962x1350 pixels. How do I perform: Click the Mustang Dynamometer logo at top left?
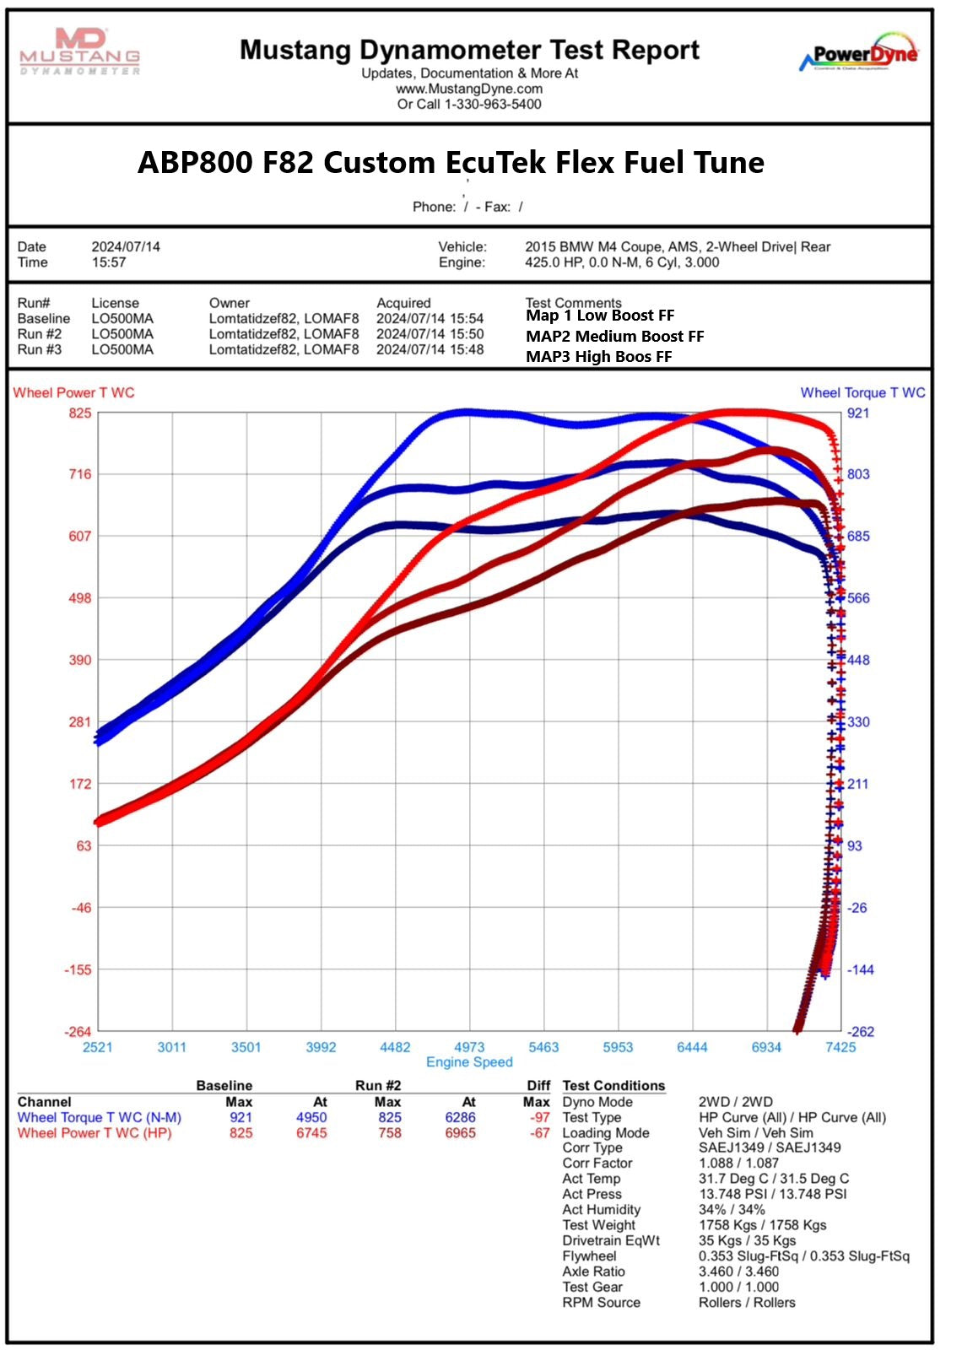click(x=80, y=51)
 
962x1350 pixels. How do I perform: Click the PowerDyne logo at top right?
click(x=858, y=54)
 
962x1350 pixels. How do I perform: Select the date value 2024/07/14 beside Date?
click(x=126, y=247)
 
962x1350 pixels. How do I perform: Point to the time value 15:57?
click(x=109, y=262)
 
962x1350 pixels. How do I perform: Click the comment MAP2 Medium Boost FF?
click(x=614, y=336)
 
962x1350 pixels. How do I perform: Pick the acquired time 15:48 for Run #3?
click(x=467, y=349)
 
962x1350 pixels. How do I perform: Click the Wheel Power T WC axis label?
click(x=74, y=392)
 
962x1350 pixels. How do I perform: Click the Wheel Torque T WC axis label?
click(x=862, y=392)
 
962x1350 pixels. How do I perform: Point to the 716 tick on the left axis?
click(x=80, y=474)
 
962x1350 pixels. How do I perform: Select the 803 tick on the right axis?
click(x=858, y=474)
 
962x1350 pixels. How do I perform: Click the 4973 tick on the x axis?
click(x=469, y=1047)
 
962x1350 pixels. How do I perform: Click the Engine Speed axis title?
click(x=469, y=1062)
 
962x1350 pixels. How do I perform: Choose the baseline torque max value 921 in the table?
click(x=240, y=1117)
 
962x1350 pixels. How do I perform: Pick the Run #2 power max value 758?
click(x=389, y=1133)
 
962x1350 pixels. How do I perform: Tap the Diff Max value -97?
click(x=539, y=1117)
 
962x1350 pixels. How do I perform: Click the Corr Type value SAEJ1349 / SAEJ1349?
click(x=769, y=1147)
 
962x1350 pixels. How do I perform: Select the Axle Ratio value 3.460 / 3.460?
click(x=738, y=1272)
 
